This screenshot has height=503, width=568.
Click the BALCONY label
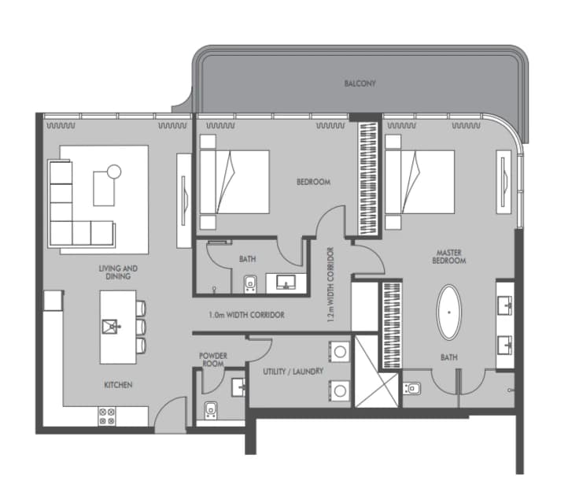click(x=360, y=83)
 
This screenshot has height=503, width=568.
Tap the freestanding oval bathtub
click(x=449, y=313)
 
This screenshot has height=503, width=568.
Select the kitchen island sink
click(x=111, y=326)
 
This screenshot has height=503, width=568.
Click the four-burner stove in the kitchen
click(x=107, y=416)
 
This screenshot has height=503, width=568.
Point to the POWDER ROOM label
click(x=213, y=360)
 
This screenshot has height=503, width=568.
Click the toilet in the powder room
click(x=211, y=411)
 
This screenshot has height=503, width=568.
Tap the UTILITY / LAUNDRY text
click(x=293, y=372)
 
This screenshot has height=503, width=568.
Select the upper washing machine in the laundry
click(x=339, y=351)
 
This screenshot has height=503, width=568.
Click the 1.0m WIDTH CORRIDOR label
click(x=247, y=315)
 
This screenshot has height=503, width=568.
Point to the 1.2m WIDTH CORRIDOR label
click(x=330, y=285)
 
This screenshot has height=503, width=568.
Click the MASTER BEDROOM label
click(x=449, y=257)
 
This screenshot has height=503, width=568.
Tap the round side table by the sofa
click(x=114, y=171)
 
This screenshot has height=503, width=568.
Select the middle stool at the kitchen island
click(x=141, y=327)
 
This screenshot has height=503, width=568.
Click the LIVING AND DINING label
click(x=118, y=272)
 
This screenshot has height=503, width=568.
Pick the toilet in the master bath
click(x=412, y=389)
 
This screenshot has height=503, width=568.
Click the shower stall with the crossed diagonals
click(x=376, y=372)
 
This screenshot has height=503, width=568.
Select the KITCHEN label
click(x=118, y=385)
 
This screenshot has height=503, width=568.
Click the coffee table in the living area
click(x=104, y=188)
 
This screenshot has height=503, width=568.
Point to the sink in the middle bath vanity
click(x=286, y=283)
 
